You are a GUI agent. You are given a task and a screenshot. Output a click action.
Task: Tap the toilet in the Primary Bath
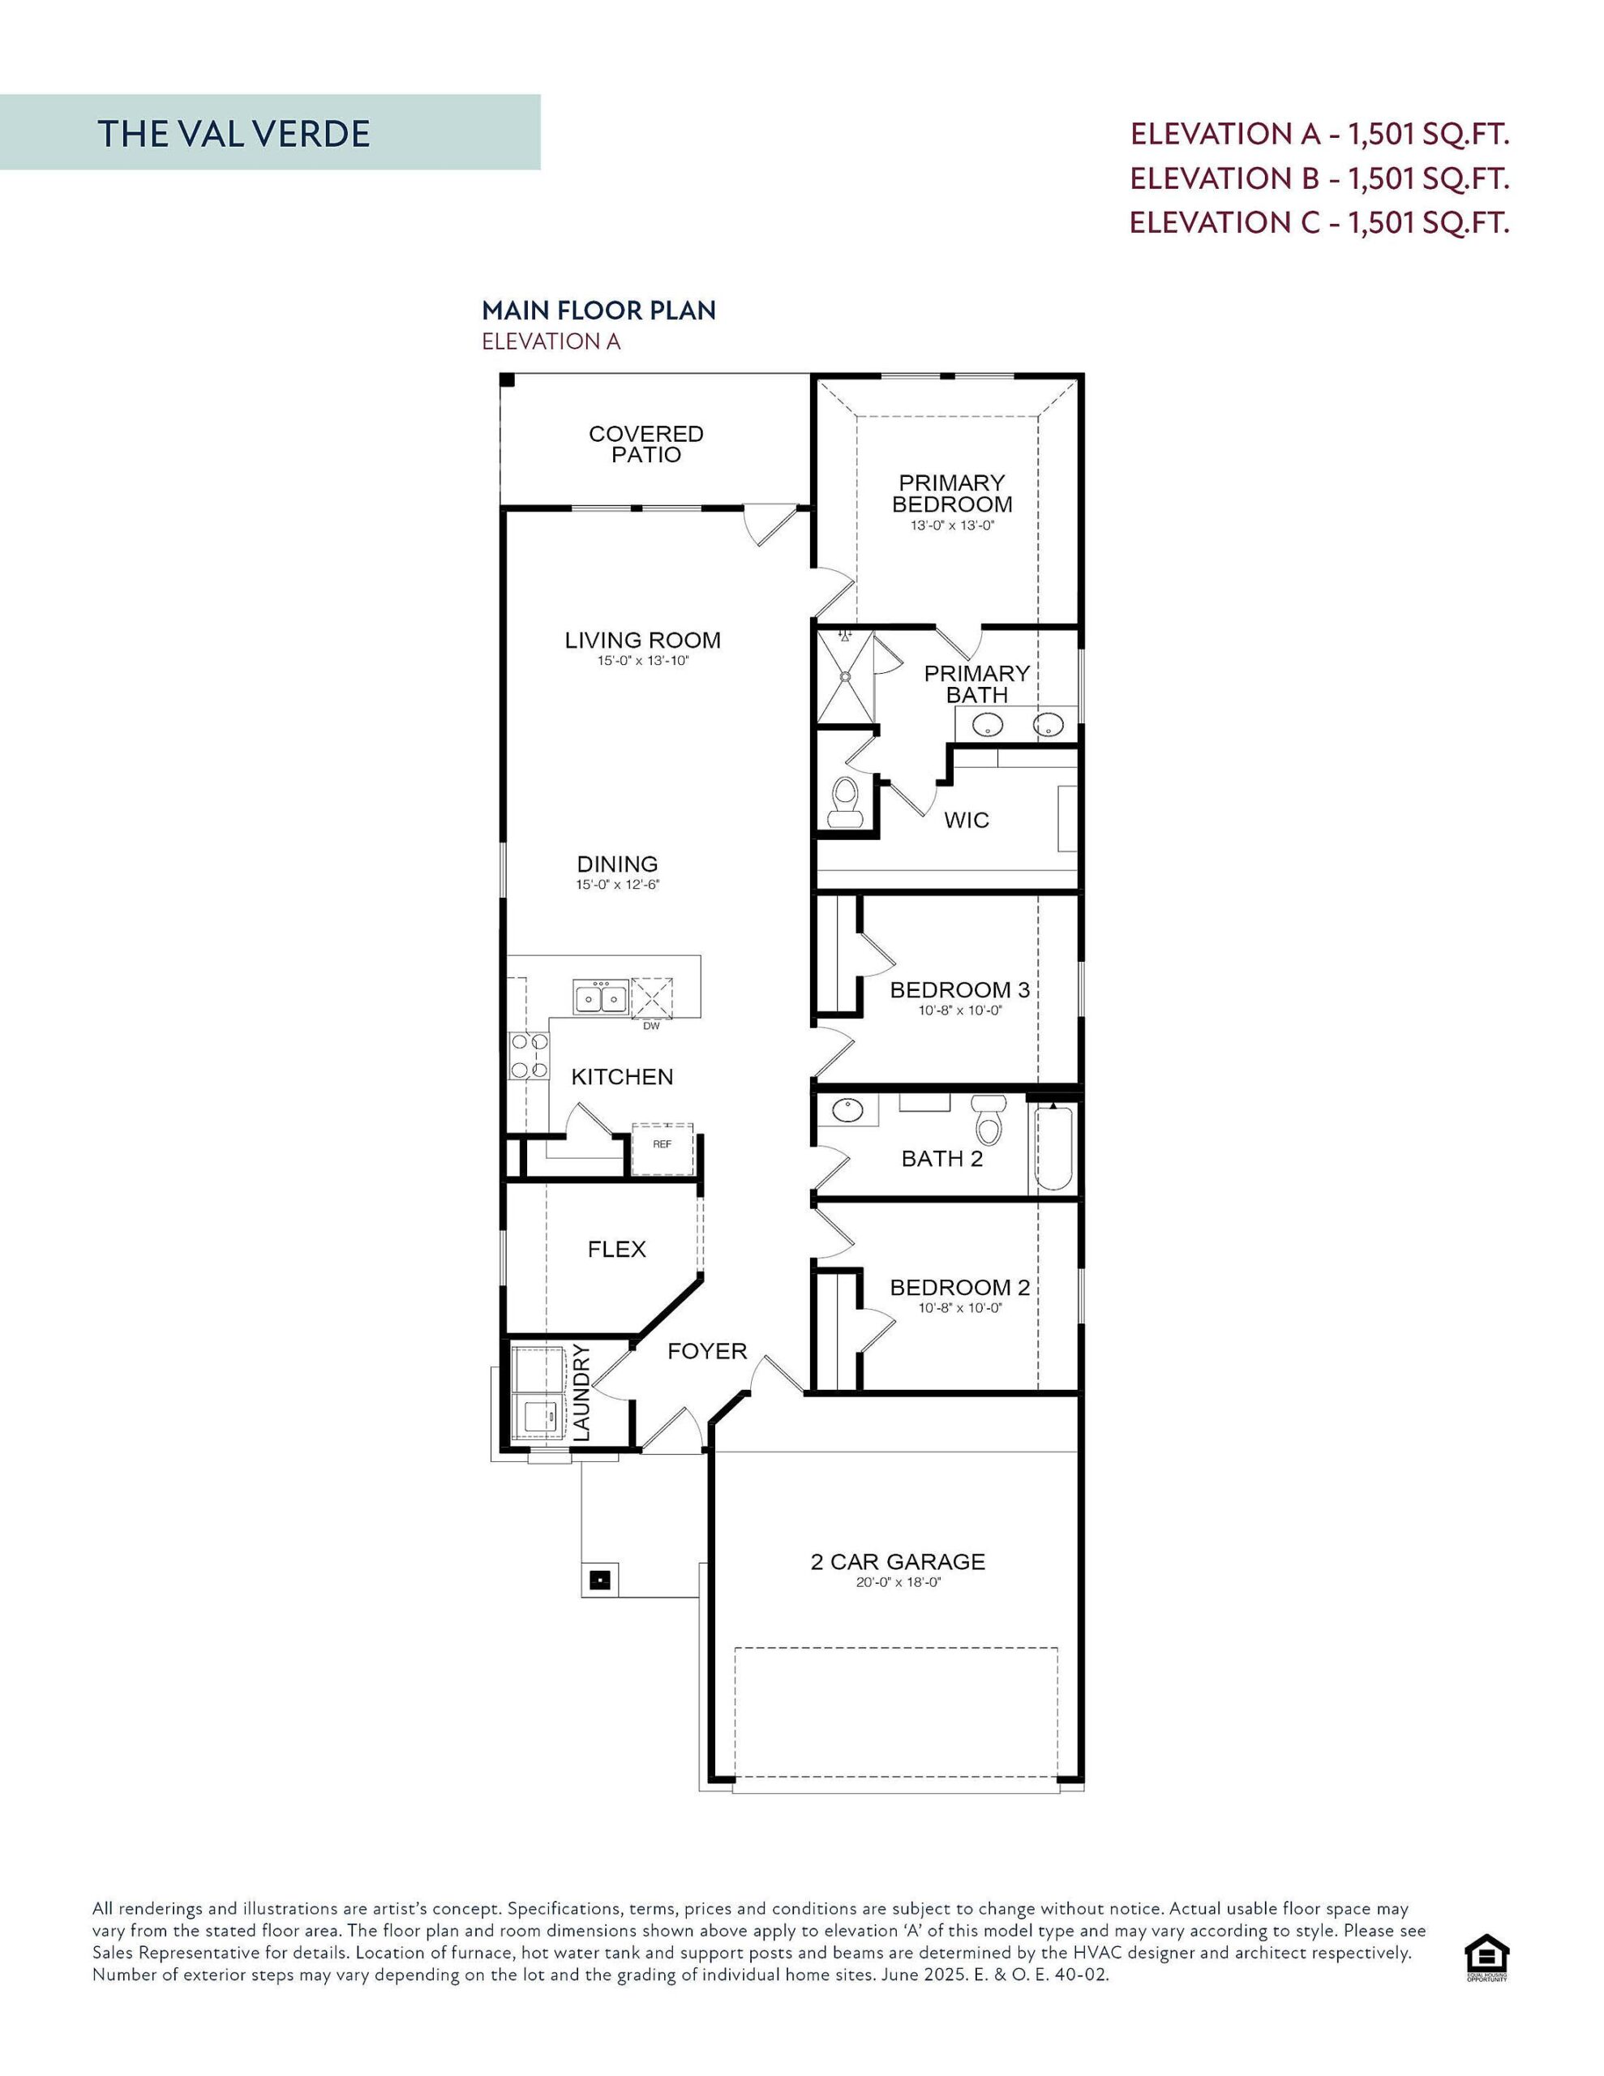coord(844,801)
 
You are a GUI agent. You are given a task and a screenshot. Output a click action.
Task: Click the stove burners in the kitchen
coord(530,1056)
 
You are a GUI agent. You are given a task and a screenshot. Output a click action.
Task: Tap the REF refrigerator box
coord(663,1145)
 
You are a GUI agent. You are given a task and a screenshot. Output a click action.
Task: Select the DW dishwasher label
coord(651,1026)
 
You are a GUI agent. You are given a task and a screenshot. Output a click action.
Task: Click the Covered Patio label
coord(645,444)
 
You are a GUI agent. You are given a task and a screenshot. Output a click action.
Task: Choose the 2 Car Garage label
coord(898,1562)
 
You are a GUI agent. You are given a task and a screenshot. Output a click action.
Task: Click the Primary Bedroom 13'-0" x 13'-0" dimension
coord(952,525)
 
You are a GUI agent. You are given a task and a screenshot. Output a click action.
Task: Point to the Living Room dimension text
coord(643,661)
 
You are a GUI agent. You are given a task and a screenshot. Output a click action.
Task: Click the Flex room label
coord(616,1249)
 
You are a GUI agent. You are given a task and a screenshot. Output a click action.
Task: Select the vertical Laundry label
coord(582,1392)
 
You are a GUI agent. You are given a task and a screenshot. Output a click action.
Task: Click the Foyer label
coord(706,1351)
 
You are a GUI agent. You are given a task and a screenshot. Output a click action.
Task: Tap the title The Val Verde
coord(234,134)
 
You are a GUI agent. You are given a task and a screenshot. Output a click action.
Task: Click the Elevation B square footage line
coord(1319,178)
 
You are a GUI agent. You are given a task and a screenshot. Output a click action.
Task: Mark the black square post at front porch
coord(599,1581)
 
